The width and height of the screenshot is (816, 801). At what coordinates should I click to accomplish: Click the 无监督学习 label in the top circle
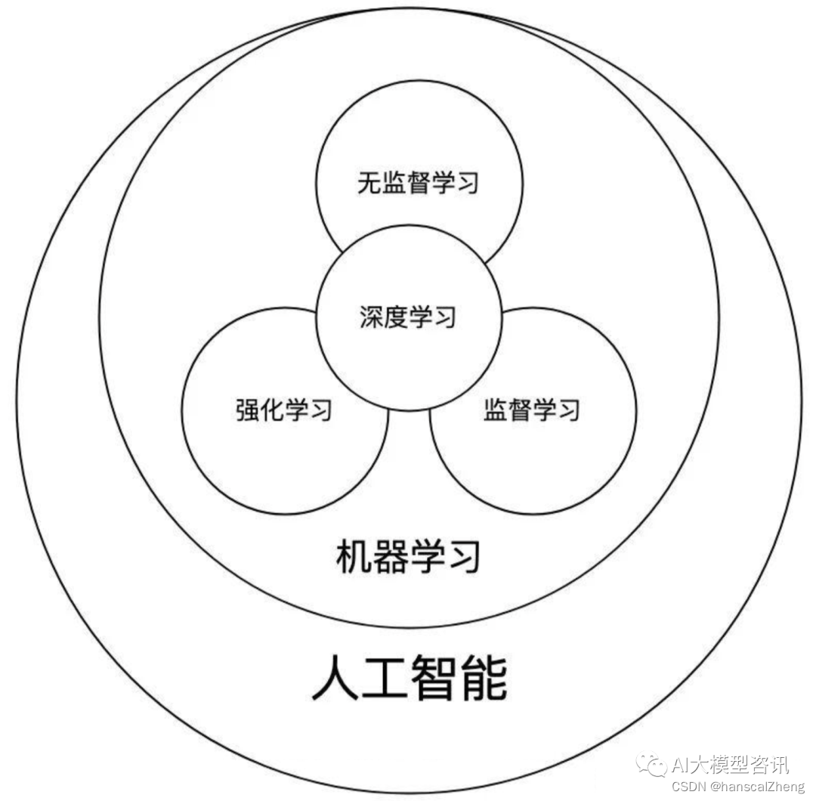click(x=418, y=183)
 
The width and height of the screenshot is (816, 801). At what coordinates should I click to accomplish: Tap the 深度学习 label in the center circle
click(x=408, y=317)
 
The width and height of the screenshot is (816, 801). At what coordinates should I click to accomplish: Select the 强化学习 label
click(x=284, y=410)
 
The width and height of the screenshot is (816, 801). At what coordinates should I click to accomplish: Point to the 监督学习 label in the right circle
click(x=531, y=410)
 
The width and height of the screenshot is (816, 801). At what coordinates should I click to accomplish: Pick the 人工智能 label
click(x=409, y=678)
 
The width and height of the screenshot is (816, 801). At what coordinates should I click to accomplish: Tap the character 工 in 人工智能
click(x=384, y=678)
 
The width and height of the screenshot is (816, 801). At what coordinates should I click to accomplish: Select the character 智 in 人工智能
click(x=434, y=678)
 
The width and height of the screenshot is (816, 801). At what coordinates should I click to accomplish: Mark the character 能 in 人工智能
click(x=484, y=678)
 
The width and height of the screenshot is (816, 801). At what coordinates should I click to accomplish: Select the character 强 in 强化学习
click(x=248, y=410)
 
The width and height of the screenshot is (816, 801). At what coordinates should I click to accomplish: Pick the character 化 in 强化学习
click(x=272, y=410)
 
